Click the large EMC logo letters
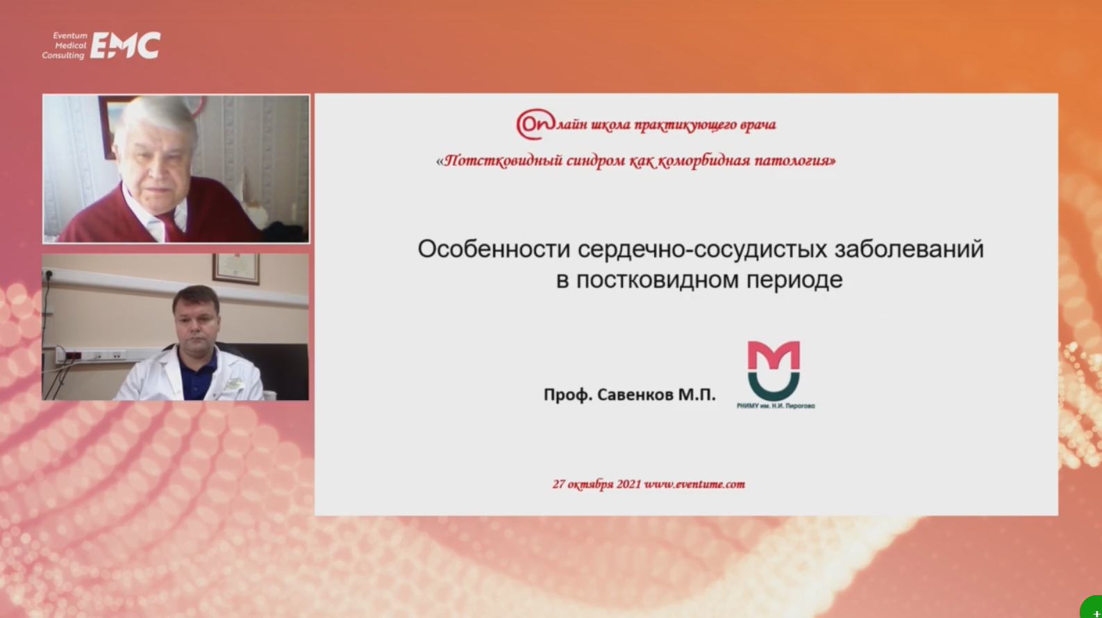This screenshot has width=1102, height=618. coord(126,45)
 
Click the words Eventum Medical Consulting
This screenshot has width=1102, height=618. coord(64,46)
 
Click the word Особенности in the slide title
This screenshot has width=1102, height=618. coord(494,249)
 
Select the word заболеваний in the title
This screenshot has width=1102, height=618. coord(909,249)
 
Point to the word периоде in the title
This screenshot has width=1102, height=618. coord(794,280)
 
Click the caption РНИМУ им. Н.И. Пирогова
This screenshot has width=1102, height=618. coord(776,406)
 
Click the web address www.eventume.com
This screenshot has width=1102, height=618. coord(694,484)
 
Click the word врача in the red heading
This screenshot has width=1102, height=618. coord(758,125)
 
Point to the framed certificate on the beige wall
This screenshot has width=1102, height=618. coord(236,269)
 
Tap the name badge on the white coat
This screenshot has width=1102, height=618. coord(234,383)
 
